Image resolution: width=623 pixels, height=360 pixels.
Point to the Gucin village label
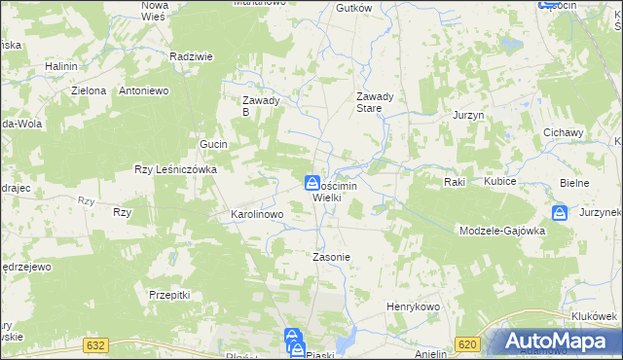[213, 144]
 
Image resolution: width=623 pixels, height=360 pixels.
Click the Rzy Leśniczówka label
[175, 168]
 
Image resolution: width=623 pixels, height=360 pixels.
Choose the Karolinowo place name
[256, 213]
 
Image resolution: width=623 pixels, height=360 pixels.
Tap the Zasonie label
[330, 257]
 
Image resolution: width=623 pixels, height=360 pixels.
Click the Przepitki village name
[168, 293]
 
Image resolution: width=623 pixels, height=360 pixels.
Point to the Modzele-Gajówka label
[502, 231]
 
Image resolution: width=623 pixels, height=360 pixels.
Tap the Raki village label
[454, 182]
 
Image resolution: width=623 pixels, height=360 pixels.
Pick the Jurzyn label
[468, 115]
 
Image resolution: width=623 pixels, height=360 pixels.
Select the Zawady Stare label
[375, 102]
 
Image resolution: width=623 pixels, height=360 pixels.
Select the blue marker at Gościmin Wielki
[311, 182]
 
